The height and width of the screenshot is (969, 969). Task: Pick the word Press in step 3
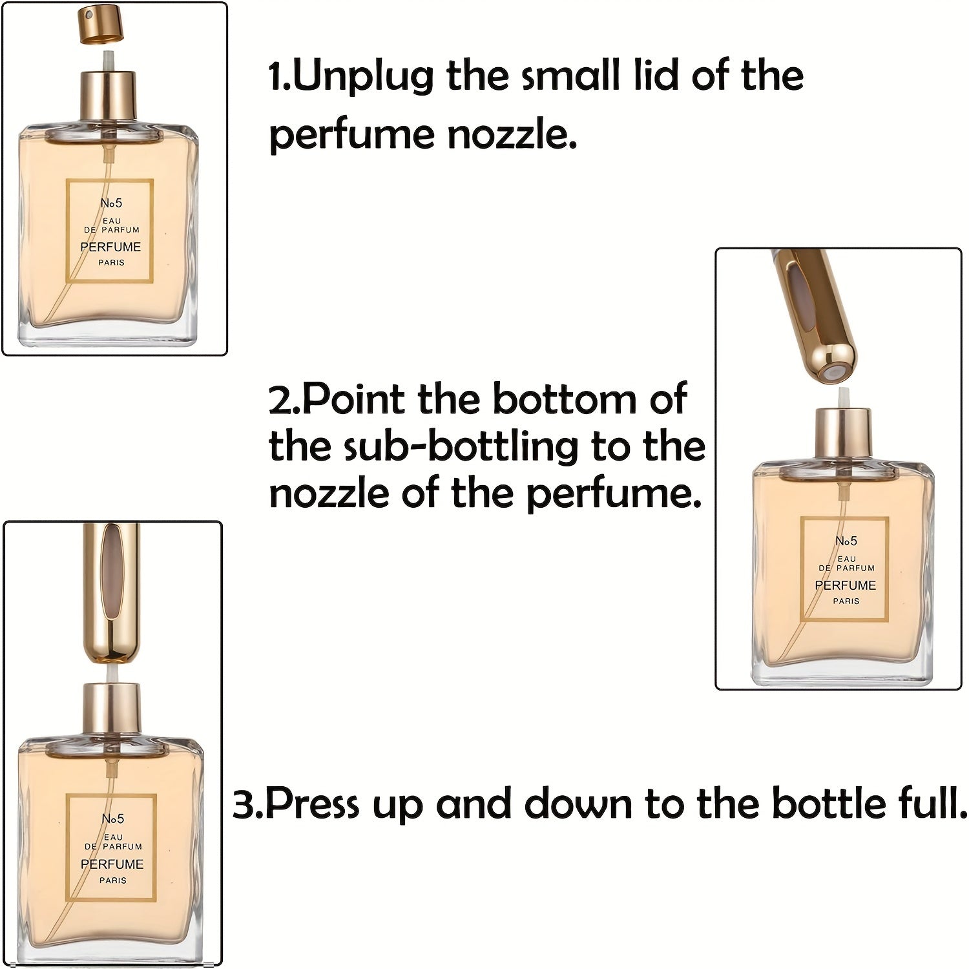click(x=313, y=805)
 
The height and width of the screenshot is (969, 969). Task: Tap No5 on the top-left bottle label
click(x=111, y=203)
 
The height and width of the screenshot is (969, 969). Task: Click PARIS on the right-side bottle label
click(x=846, y=601)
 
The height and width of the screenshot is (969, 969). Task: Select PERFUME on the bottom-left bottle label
click(x=112, y=864)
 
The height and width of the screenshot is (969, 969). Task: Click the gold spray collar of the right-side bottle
click(x=842, y=433)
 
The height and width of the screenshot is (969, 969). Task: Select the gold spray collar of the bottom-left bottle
click(x=111, y=709)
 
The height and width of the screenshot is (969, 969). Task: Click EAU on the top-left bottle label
click(x=112, y=221)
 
